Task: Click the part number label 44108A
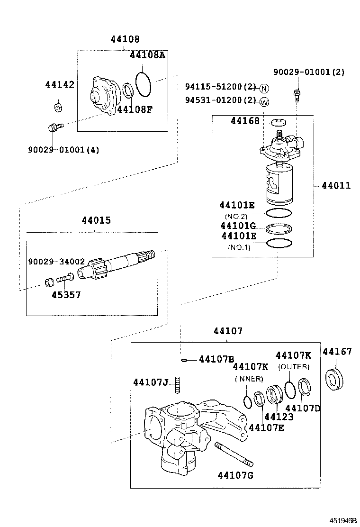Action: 147,55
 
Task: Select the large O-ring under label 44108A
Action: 144,83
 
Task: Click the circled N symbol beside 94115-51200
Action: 264,89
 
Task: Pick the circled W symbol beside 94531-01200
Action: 264,101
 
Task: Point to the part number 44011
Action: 336,186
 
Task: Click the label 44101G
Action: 238,226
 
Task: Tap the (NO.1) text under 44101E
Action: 239,247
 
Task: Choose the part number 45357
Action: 66,295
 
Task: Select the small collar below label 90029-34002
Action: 49,282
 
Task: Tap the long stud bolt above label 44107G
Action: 234,454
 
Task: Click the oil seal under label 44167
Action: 336,379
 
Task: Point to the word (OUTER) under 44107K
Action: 294,367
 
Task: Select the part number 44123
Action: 279,417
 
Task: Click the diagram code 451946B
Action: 343,520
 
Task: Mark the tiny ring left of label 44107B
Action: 184,360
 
